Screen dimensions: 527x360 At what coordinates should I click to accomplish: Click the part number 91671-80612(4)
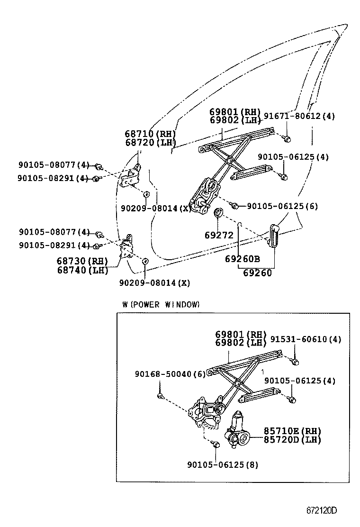pos(299,116)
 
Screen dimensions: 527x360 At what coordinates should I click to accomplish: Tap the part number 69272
pos(219,235)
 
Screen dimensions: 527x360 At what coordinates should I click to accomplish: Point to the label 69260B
pos(243,259)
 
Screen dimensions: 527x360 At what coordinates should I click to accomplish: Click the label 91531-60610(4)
pos(306,339)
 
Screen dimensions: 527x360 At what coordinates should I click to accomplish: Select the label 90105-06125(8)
pos(223,465)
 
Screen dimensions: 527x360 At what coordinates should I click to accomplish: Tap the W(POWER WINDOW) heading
pos(161,304)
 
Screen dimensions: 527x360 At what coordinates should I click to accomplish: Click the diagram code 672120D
pos(320,510)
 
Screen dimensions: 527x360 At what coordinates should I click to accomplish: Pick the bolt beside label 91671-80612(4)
pos(286,138)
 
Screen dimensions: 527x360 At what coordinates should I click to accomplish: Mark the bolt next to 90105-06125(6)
pos(234,205)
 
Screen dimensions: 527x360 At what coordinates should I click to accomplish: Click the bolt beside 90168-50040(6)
pos(161,396)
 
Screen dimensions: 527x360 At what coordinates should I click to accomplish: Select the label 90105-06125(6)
pos(282,206)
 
